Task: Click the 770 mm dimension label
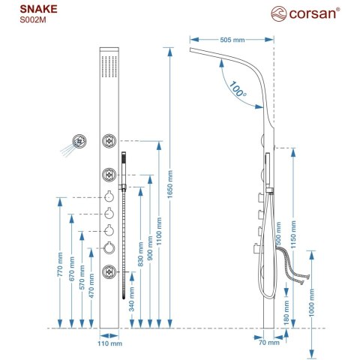pos(61,268)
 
